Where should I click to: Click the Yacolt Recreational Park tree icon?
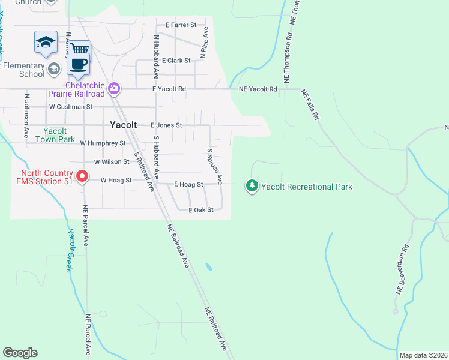(x=252, y=186)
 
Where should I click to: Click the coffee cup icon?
(x=77, y=62)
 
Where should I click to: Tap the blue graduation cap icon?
(x=46, y=41)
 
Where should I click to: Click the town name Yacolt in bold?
(x=124, y=125)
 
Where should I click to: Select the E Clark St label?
(x=176, y=61)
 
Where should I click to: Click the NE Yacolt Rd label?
(x=258, y=89)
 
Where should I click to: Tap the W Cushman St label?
(x=71, y=107)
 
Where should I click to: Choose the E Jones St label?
(x=166, y=125)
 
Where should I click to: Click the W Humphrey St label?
(x=103, y=144)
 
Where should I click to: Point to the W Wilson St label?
(x=112, y=162)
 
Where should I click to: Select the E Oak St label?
(x=201, y=210)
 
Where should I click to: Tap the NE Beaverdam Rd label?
(x=402, y=268)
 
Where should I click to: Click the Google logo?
(x=20, y=353)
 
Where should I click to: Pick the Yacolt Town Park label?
(x=59, y=135)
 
